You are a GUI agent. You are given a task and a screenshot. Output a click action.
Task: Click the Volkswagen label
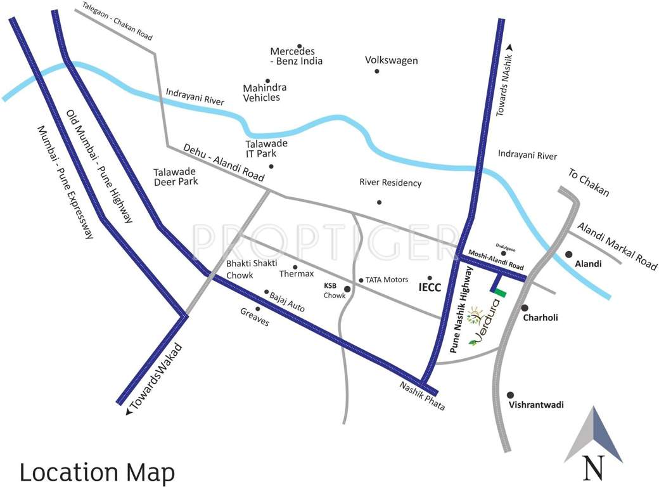[x=391, y=60]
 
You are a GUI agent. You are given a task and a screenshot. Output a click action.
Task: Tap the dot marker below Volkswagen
[x=376, y=71]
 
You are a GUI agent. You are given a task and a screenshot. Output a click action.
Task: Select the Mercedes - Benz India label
[x=296, y=56]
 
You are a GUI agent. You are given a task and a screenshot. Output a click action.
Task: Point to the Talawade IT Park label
[x=266, y=148]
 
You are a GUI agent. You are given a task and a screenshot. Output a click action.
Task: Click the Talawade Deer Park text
[x=176, y=176]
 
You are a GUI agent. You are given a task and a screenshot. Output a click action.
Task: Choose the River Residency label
[x=390, y=183]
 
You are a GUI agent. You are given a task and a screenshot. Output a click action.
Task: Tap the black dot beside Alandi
[x=568, y=254]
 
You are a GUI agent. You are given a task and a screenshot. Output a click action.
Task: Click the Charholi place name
[x=540, y=318]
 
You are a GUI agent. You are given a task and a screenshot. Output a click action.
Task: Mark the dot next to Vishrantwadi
[x=510, y=394]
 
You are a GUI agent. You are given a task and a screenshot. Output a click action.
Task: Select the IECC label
[x=430, y=287]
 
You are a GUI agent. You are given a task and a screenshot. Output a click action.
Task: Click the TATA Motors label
[x=385, y=280]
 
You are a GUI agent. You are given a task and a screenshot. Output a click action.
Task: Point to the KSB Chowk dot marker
[x=347, y=289]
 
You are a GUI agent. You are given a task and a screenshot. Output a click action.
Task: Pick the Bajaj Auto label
[x=287, y=301]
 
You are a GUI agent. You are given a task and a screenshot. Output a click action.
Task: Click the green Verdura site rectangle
[x=501, y=293]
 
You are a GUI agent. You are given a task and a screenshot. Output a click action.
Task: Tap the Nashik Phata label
[x=421, y=397]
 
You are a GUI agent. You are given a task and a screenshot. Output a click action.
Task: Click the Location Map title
[x=97, y=472]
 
